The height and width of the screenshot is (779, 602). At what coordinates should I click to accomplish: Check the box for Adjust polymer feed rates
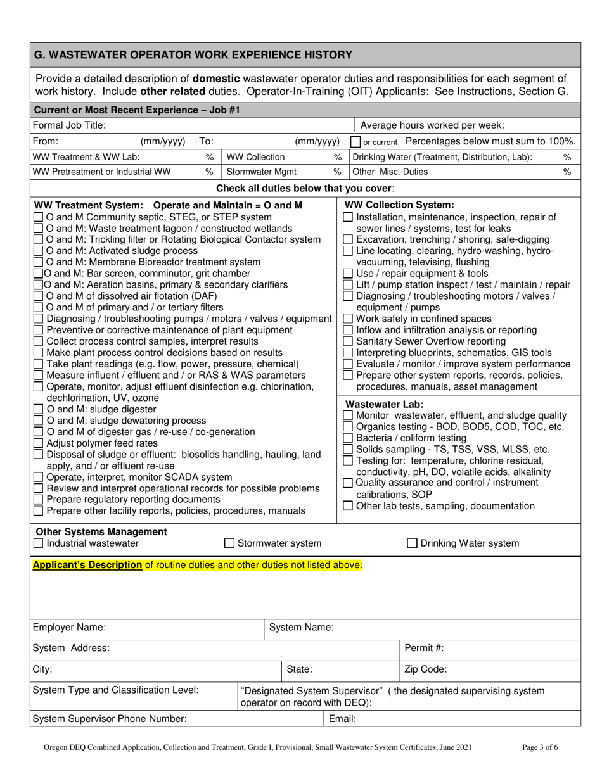[39, 443]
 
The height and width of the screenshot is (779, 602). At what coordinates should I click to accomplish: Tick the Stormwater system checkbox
[230, 543]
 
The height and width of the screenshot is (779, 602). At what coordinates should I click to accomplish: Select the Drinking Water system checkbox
[412, 543]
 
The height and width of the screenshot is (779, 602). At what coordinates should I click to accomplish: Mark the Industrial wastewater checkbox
[39, 543]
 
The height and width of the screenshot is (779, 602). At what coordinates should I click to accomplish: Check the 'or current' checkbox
[356, 142]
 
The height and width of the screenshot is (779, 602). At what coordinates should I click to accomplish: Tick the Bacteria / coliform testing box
[348, 438]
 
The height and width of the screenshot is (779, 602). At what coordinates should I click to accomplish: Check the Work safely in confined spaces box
[348, 319]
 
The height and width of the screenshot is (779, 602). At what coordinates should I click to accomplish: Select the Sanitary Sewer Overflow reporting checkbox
[348, 341]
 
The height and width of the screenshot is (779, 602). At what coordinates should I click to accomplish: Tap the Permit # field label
[423, 648]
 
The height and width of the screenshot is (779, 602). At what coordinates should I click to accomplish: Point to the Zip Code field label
[425, 669]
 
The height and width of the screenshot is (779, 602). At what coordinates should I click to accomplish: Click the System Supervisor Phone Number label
[109, 719]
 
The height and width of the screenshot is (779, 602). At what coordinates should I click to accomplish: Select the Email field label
[342, 719]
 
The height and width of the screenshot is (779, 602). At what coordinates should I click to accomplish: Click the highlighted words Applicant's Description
[87, 564]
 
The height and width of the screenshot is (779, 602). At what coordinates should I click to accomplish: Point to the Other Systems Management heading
[101, 532]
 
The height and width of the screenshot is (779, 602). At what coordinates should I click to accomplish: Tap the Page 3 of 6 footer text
[540, 747]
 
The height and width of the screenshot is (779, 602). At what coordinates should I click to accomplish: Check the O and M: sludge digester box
[39, 409]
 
